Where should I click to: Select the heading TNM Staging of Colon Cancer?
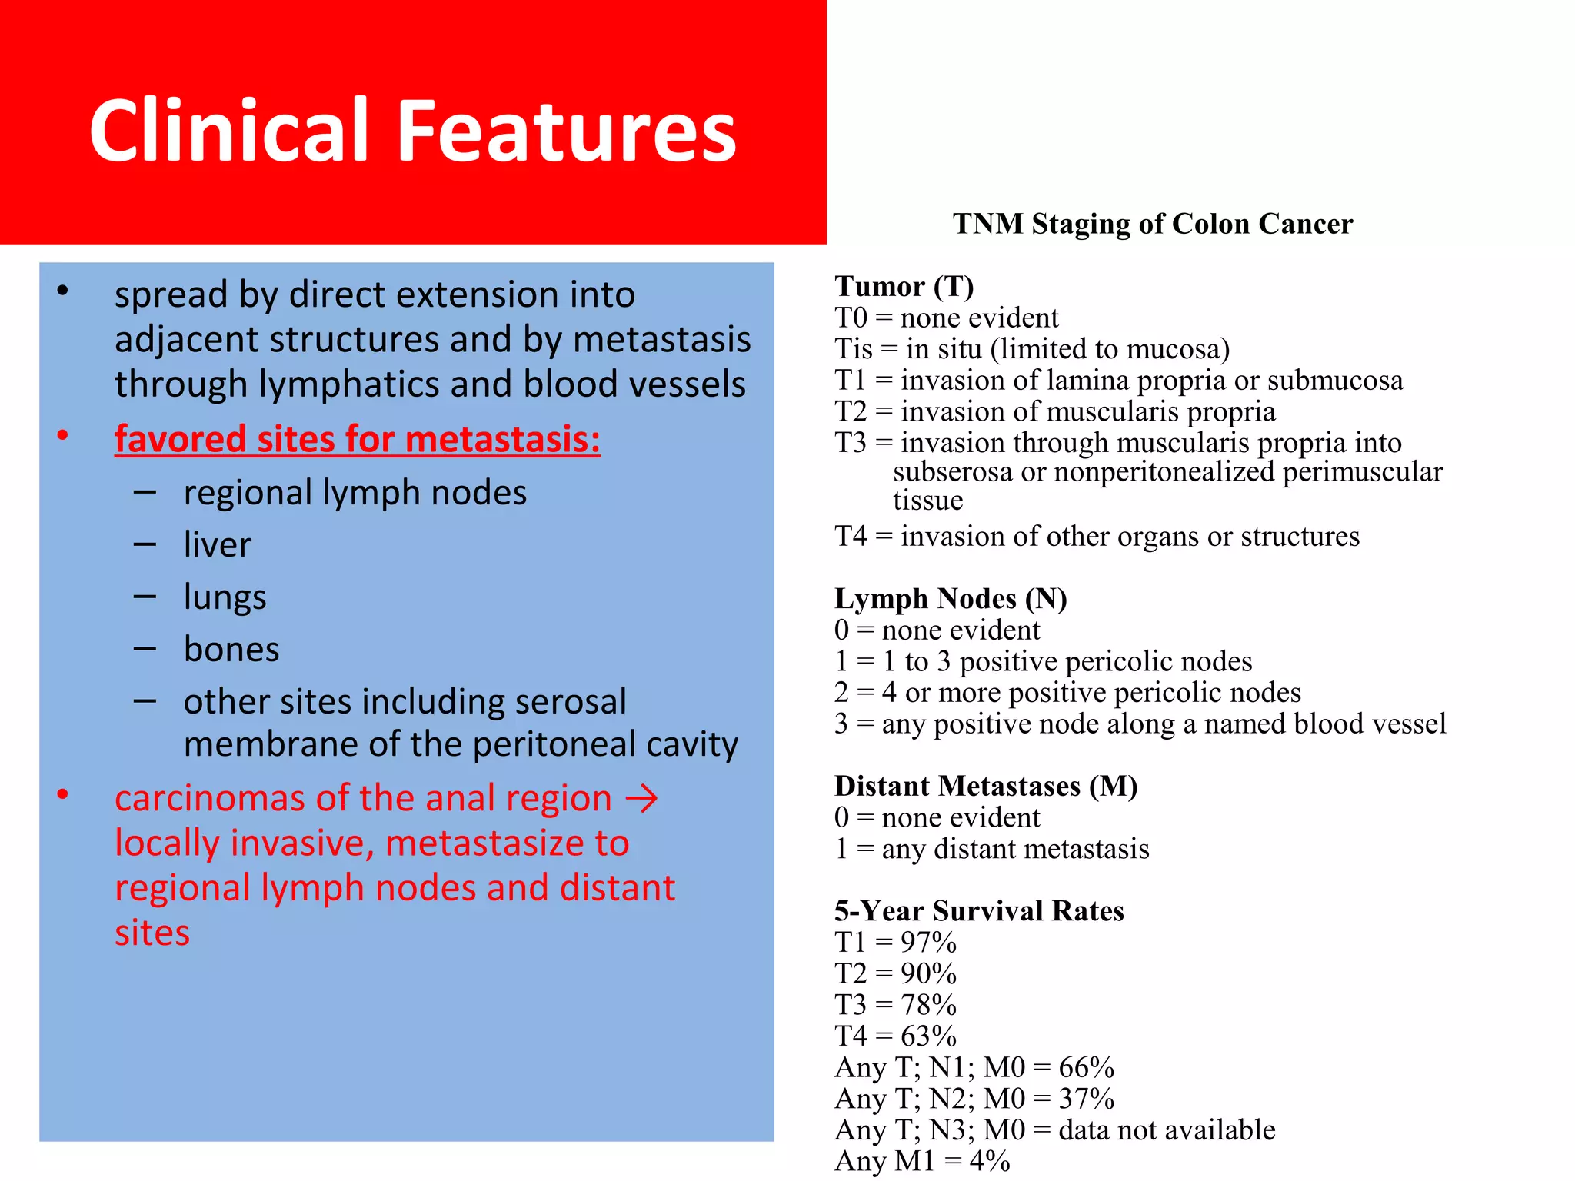click(1152, 224)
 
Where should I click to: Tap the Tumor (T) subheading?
click(904, 286)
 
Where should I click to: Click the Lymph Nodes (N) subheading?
click(950, 598)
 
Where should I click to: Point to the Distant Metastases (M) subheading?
click(985, 786)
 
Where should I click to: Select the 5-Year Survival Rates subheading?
click(978, 910)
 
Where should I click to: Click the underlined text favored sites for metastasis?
click(357, 439)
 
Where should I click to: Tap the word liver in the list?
click(217, 544)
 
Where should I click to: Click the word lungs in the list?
click(225, 597)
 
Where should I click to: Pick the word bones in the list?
click(231, 650)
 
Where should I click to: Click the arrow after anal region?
click(641, 799)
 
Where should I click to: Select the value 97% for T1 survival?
click(928, 942)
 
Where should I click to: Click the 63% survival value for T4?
click(928, 1036)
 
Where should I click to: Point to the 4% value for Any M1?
click(989, 1161)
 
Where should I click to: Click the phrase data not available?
click(1166, 1129)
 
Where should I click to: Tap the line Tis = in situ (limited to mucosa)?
click(1031, 349)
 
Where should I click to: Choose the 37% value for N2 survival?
click(1086, 1099)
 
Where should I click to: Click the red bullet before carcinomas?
click(63, 794)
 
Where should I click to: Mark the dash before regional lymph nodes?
click(145, 493)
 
